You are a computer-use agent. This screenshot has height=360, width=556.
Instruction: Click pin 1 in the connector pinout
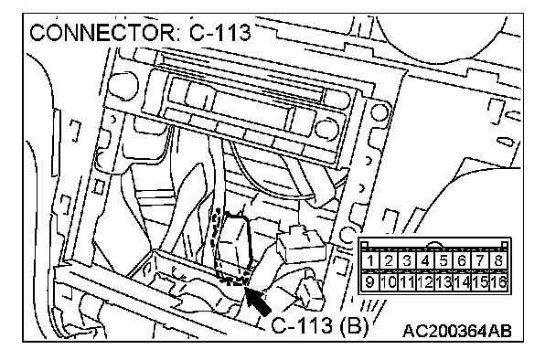coord(370,260)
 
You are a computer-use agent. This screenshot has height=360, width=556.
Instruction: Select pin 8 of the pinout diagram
coord(498,260)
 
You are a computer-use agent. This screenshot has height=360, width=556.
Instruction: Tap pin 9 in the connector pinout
coord(370,282)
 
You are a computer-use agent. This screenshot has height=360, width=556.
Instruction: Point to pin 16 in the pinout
coord(498,282)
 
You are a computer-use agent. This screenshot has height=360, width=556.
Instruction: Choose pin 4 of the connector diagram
coord(425,260)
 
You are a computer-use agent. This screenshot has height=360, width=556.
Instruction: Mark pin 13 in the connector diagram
coord(444,282)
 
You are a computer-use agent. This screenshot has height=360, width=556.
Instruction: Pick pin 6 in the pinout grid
coord(462,260)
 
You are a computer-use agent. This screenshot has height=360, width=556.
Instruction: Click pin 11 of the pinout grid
coord(407,282)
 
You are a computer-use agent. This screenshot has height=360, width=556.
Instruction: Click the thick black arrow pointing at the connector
coord(258,301)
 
